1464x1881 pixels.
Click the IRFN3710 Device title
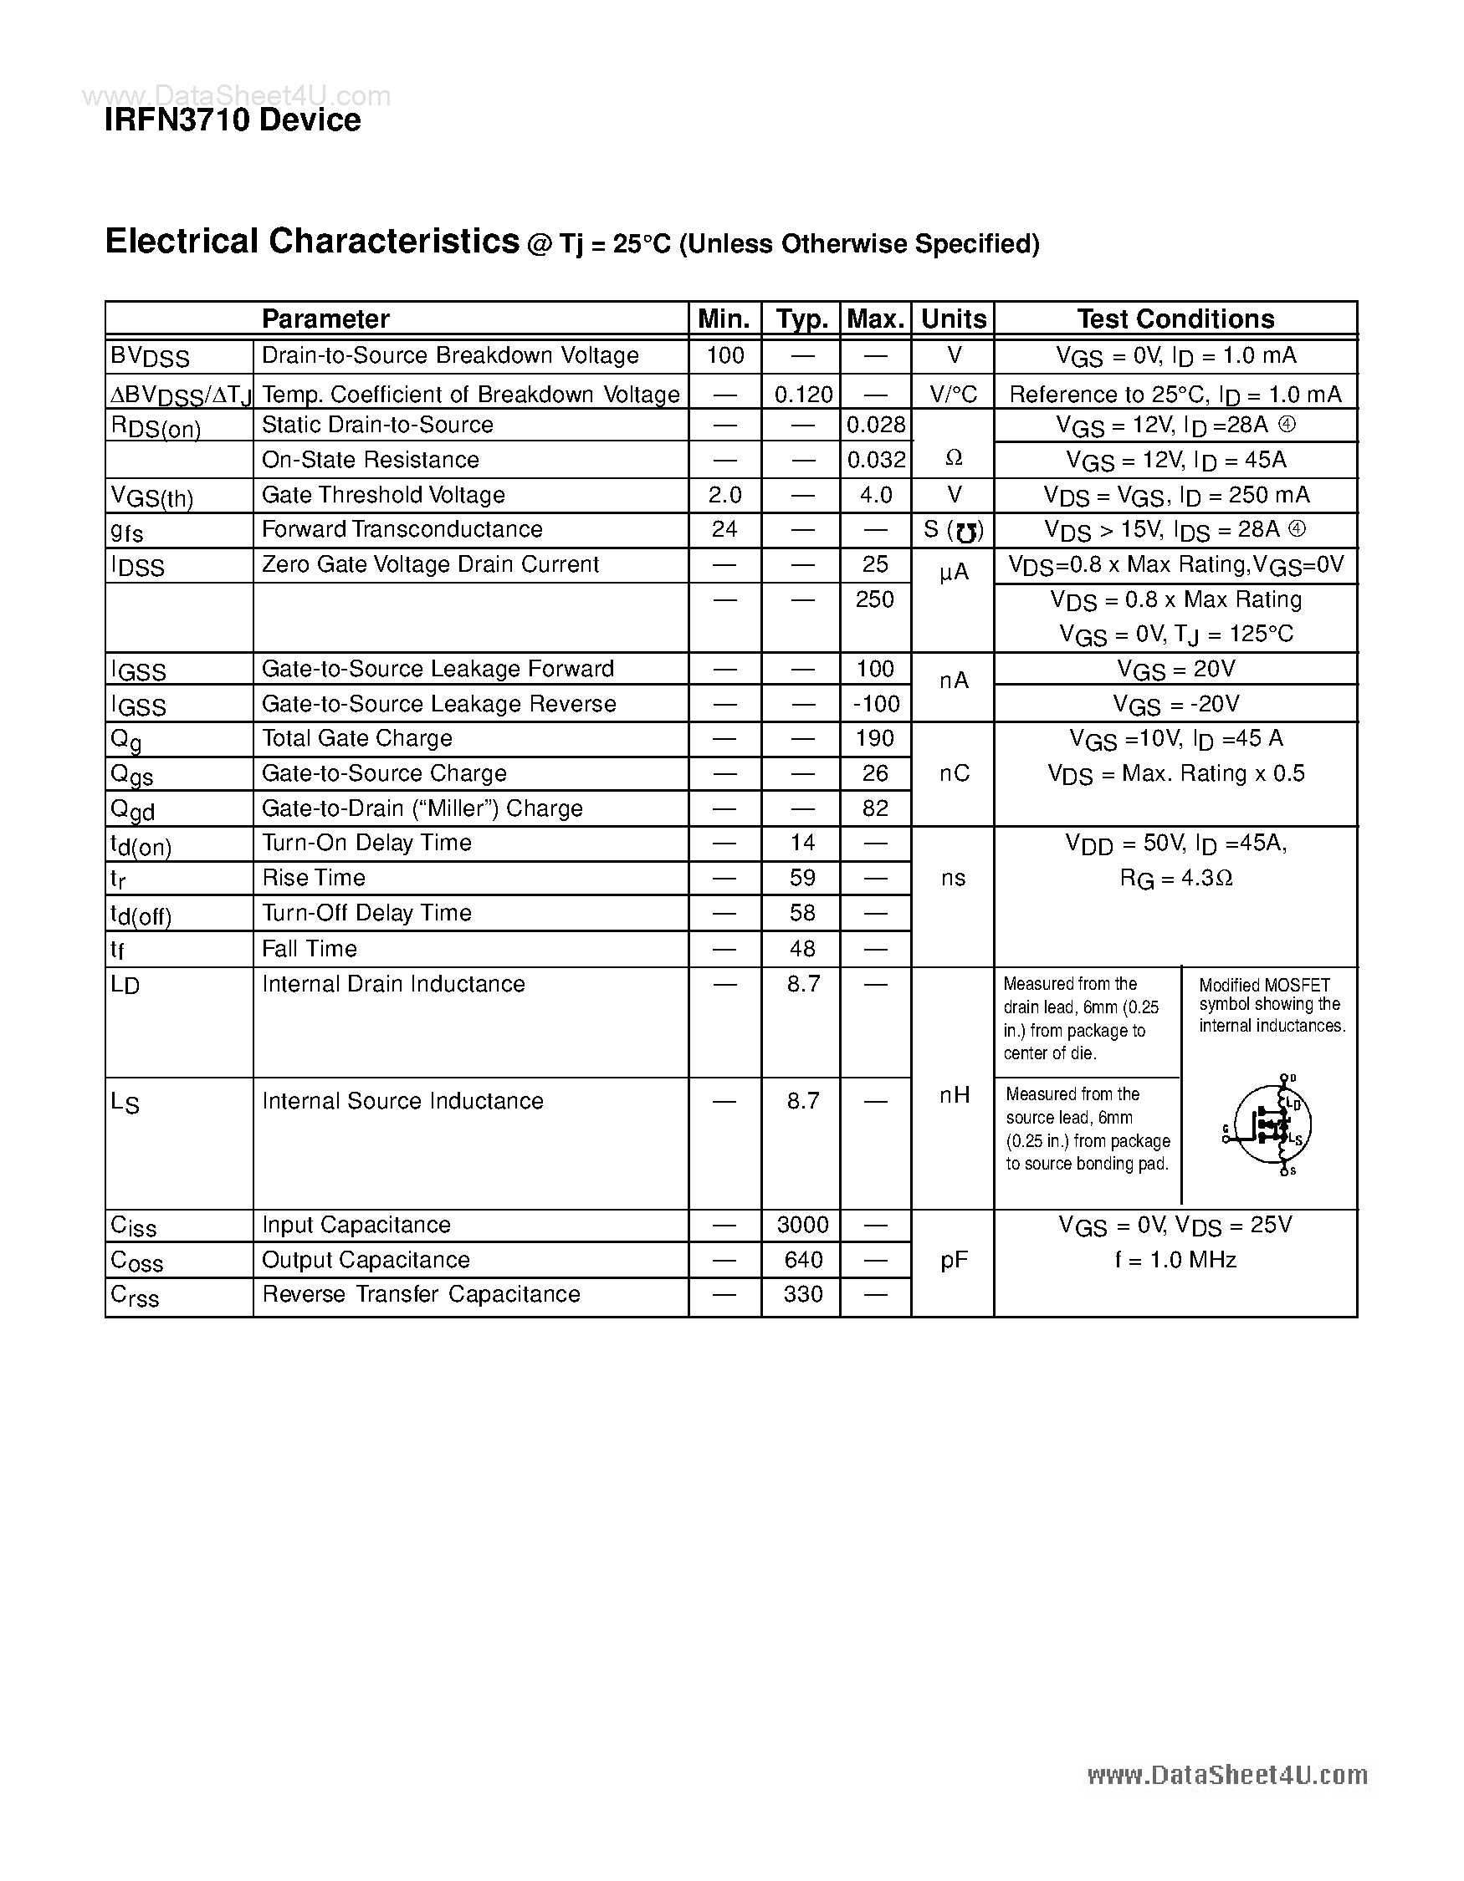click(233, 120)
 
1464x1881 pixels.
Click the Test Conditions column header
click(1175, 319)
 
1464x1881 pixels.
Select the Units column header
click(953, 319)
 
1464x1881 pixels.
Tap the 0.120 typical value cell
click(803, 395)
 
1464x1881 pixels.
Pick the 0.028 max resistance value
click(875, 425)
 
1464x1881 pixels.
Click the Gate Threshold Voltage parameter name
click(383, 495)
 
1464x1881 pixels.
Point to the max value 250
click(874, 599)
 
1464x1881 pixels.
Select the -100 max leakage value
click(875, 705)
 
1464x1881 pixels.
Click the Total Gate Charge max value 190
click(875, 739)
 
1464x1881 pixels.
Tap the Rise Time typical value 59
click(802, 878)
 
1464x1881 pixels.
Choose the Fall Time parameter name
click(310, 949)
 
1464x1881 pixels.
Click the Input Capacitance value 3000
click(802, 1225)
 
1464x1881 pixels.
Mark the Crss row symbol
click(136, 1296)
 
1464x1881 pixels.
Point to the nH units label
click(954, 1095)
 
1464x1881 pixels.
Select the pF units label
click(954, 1261)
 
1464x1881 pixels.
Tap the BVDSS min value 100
click(724, 355)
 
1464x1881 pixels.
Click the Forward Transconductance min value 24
click(724, 530)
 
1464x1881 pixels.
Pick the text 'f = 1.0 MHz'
click(1175, 1261)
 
